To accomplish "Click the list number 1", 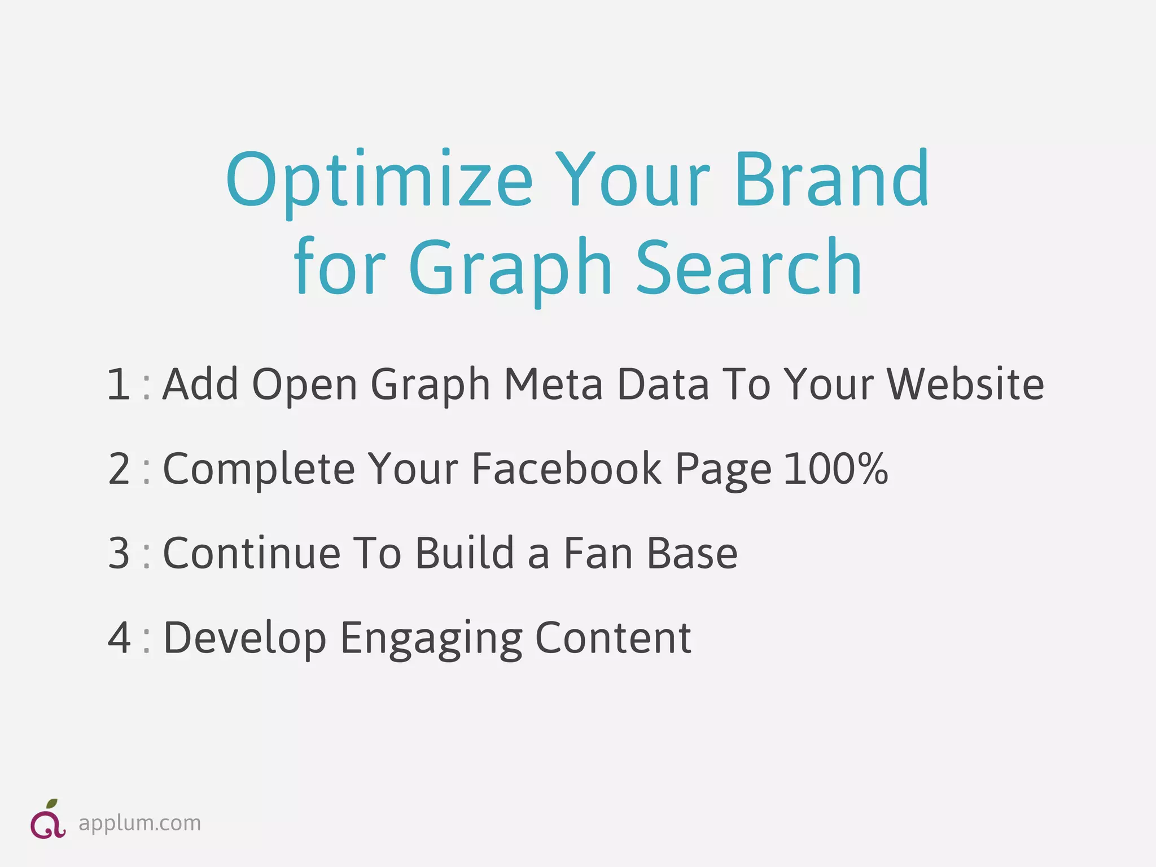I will pyautogui.click(x=119, y=384).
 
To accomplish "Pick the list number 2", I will pyautogui.click(x=119, y=469).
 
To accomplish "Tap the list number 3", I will pyautogui.click(x=119, y=554).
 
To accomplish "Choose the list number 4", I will pyautogui.click(x=119, y=638).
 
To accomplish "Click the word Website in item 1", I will pyautogui.click(x=965, y=384).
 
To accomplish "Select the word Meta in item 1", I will pyautogui.click(x=553, y=384).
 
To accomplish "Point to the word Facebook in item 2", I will pyautogui.click(x=566, y=469).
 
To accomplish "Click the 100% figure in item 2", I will pyautogui.click(x=836, y=469).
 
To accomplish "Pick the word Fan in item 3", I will pyautogui.click(x=599, y=554).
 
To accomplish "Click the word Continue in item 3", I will pyautogui.click(x=252, y=554).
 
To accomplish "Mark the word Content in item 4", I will pyautogui.click(x=613, y=638).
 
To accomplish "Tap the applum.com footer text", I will pyautogui.click(x=139, y=824).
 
